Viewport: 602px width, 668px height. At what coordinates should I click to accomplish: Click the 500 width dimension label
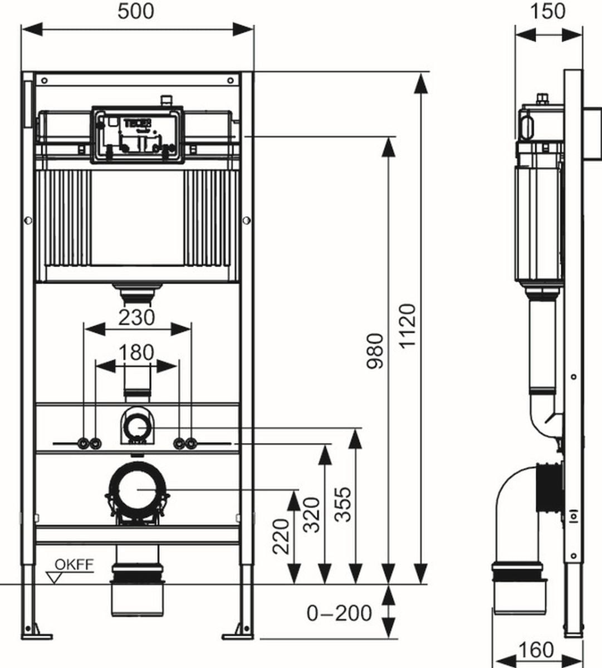pos(136,11)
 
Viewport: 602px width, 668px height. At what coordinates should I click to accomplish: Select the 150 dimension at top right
pos(548,11)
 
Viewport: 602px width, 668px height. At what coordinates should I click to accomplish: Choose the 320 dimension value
pos(314,515)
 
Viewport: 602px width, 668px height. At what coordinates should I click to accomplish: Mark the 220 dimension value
pos(282,536)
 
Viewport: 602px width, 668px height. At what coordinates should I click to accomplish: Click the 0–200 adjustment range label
pos(339,613)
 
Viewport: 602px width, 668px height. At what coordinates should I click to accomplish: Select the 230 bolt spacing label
pos(137,317)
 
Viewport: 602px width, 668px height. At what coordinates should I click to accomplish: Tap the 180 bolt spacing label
pos(137,352)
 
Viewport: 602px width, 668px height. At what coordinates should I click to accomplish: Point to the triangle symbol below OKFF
pos(55,577)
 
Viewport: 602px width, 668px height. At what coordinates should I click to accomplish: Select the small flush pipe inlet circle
pos(136,427)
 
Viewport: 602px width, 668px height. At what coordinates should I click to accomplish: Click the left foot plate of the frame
pos(37,635)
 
